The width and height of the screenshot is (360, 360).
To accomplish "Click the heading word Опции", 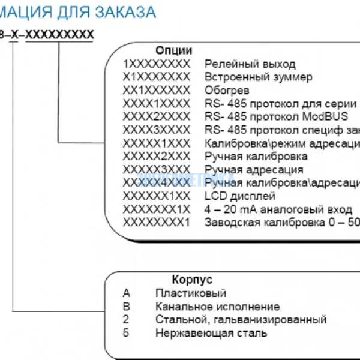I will point(173,50).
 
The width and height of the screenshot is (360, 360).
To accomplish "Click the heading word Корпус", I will point(192,280).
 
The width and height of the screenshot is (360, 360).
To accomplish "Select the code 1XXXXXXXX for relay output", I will point(156,64).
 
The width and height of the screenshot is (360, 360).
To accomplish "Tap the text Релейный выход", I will point(250,64).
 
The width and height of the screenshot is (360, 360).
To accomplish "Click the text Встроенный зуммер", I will point(258,77).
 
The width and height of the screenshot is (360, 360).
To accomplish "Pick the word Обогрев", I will point(226,90).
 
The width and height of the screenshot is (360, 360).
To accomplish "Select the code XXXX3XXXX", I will point(156,130).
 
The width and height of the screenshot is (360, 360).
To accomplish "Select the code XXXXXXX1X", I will point(156,209).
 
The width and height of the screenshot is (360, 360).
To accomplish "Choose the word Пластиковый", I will point(190,293).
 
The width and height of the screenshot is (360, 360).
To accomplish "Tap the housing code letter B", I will point(126,307).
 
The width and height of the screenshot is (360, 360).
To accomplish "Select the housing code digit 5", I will point(126,332).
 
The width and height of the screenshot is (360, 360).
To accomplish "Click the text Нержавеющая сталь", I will point(211,332).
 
